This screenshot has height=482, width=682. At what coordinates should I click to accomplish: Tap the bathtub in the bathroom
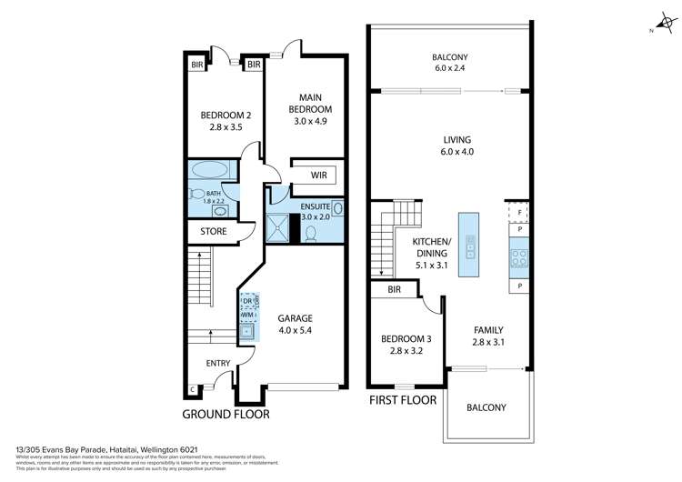tap(211, 170)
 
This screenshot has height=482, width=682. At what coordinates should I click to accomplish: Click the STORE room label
tap(213, 232)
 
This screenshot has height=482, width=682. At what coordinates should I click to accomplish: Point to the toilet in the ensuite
tap(311, 234)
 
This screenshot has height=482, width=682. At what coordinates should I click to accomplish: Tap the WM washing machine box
tap(247, 314)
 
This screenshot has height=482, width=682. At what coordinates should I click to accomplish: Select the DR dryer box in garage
tap(248, 300)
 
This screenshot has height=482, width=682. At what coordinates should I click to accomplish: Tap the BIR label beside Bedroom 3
tap(394, 290)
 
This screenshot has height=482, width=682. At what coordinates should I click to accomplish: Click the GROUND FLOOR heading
tap(226, 414)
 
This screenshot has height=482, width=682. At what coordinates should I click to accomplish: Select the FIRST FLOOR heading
tap(403, 399)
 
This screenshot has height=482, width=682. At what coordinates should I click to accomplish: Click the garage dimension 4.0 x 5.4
tap(296, 331)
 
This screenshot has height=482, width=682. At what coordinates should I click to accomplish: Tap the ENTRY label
tap(218, 364)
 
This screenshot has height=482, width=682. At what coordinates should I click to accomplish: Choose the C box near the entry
tap(193, 391)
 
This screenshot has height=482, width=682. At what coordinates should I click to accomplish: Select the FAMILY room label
tap(487, 330)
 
